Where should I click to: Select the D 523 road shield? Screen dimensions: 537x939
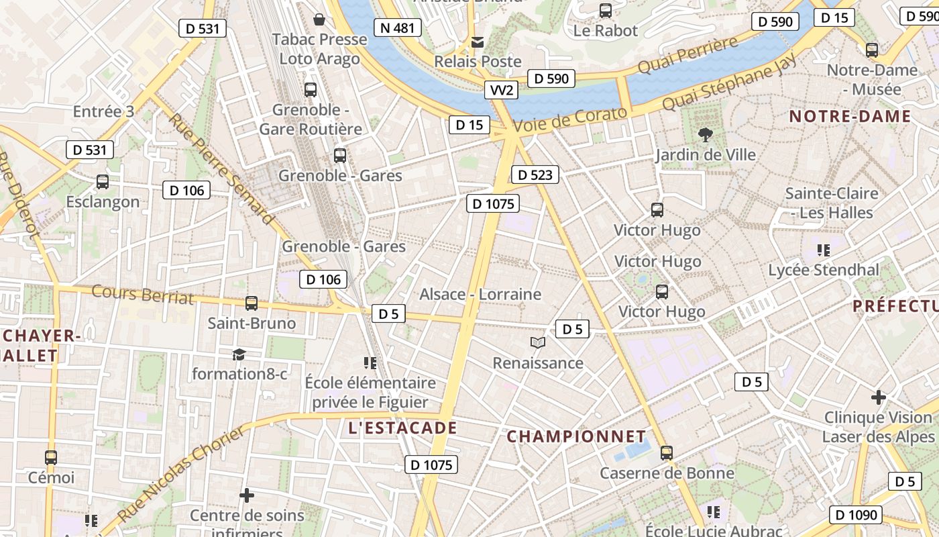point(535,175)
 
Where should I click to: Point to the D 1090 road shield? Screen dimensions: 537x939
point(856,515)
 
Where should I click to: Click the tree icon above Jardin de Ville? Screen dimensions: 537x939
point(705,134)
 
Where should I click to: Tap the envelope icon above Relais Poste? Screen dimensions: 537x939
point(478,42)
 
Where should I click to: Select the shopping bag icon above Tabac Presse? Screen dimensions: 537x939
point(319,19)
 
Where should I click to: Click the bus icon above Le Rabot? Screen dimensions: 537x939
point(606,11)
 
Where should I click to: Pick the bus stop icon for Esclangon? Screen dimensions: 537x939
point(103,181)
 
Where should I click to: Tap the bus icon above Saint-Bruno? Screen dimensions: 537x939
point(252,303)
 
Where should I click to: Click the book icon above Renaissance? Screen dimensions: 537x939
point(537,343)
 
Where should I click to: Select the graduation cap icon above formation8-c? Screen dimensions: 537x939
point(239,354)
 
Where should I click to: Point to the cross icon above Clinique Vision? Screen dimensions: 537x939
point(879,397)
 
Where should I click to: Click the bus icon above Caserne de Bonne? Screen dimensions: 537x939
point(666,453)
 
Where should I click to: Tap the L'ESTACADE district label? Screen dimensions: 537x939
point(402,428)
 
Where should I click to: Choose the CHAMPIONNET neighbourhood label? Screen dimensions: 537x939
point(576,436)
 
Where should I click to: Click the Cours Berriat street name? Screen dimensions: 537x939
point(142,295)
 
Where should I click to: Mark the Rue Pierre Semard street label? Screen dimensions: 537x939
point(221,168)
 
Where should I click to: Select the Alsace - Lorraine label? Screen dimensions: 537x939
point(480,294)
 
